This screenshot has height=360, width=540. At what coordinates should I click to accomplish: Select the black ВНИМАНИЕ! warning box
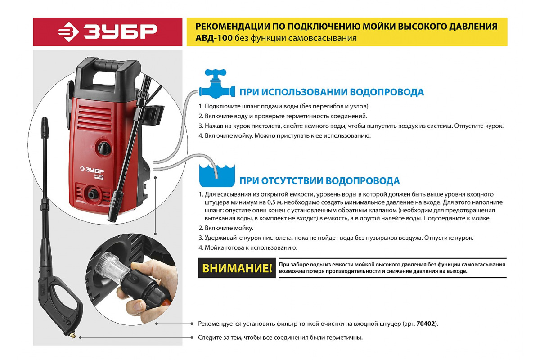[x=237, y=269]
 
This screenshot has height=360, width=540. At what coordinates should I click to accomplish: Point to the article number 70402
[x=426, y=324]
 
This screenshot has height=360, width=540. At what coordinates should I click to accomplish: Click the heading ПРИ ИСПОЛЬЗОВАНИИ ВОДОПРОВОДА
[x=331, y=92]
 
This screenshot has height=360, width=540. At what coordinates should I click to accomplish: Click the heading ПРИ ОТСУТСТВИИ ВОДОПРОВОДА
[x=319, y=181]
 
